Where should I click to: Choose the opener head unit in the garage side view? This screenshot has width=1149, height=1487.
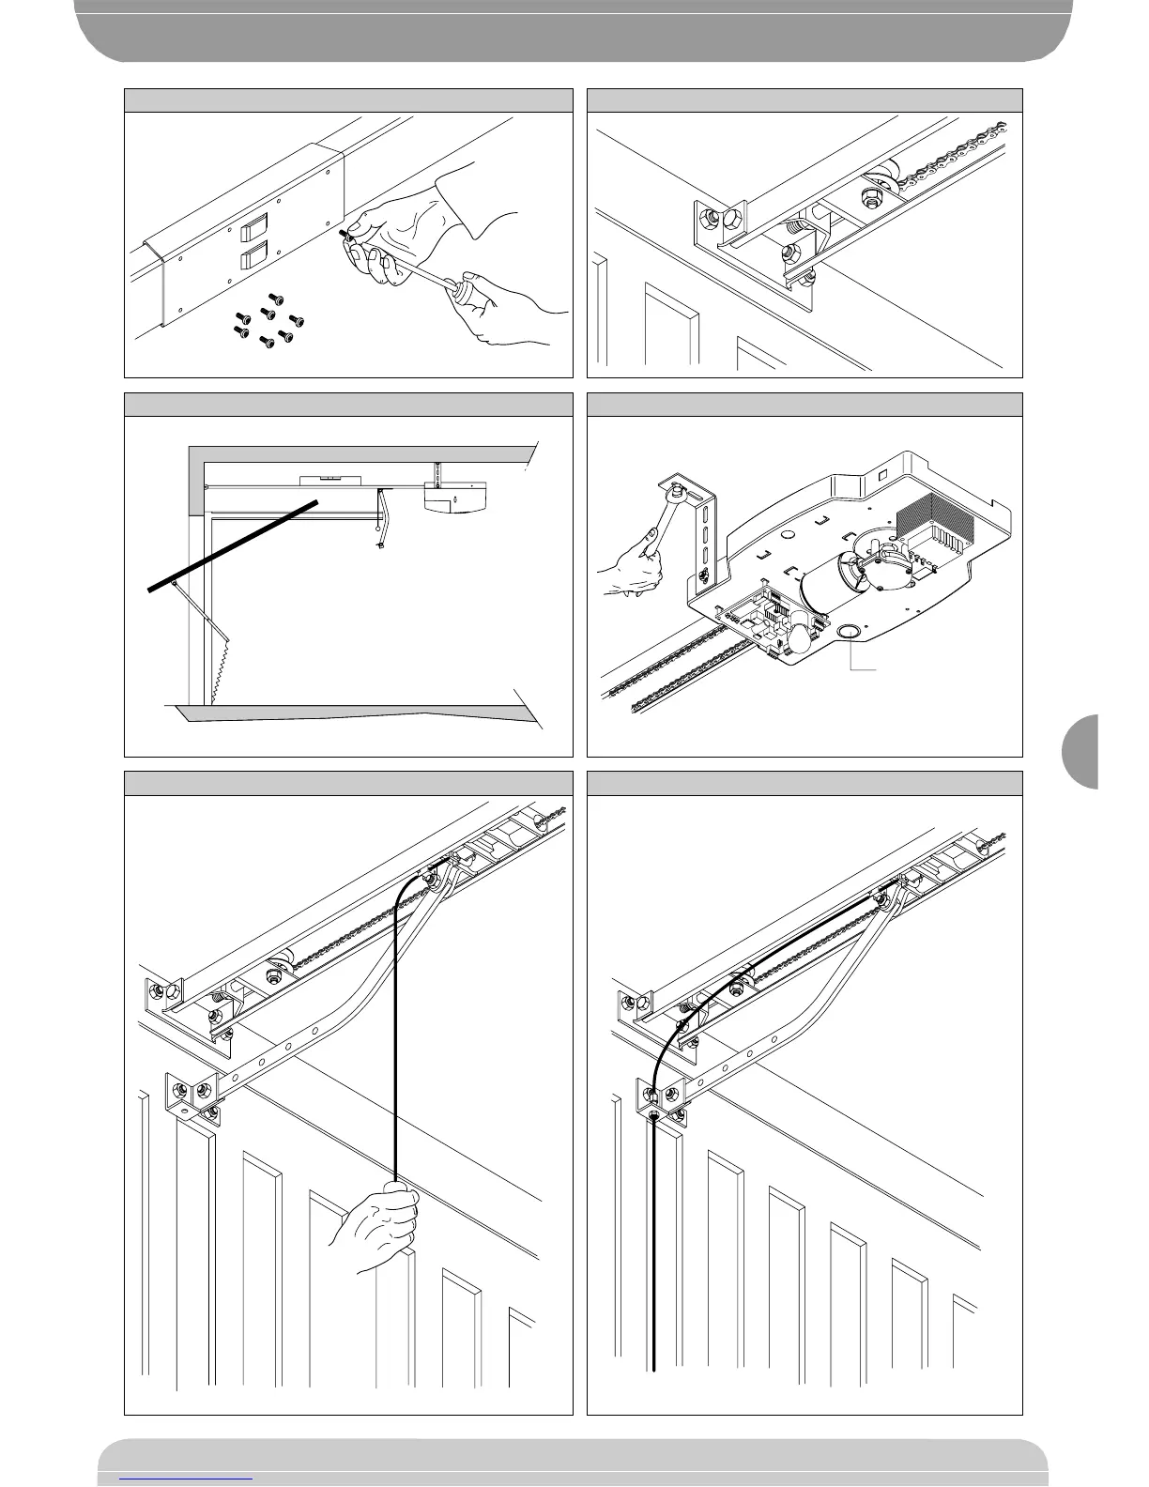pos(456,498)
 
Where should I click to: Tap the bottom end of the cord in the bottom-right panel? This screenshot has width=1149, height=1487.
pos(654,1369)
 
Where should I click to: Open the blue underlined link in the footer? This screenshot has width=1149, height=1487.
pos(187,1477)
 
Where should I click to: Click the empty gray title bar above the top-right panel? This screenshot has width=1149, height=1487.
pos(804,100)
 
